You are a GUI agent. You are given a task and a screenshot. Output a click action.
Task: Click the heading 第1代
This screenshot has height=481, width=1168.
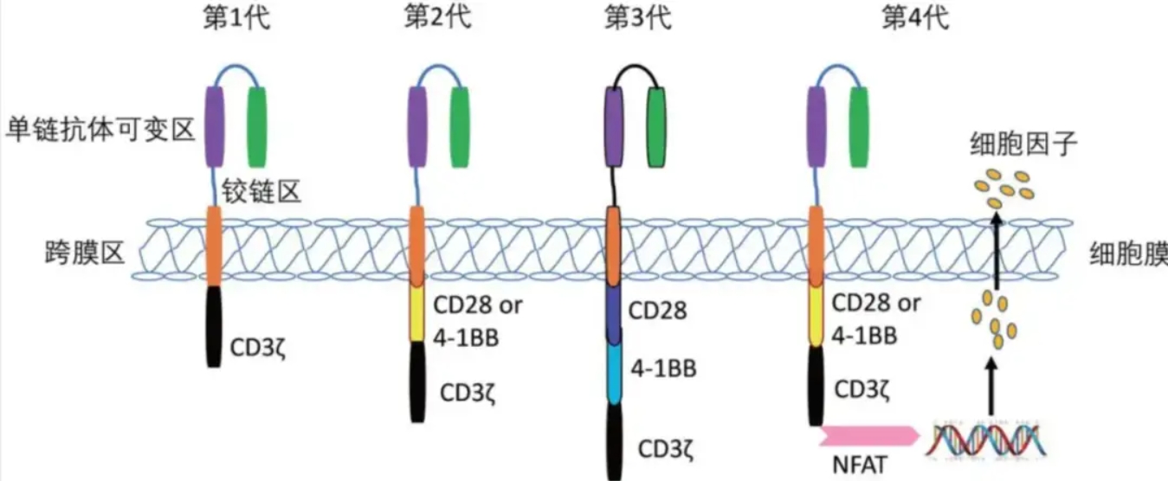(236, 18)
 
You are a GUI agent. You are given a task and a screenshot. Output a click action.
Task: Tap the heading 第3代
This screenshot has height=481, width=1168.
(638, 18)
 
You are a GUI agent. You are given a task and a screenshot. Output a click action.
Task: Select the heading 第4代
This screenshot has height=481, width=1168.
(916, 18)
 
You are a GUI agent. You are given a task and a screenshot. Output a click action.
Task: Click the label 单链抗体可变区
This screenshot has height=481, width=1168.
(100, 129)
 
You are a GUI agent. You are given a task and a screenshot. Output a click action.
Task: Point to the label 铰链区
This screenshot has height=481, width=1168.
(261, 192)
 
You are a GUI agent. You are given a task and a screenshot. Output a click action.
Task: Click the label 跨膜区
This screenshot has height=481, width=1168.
(85, 253)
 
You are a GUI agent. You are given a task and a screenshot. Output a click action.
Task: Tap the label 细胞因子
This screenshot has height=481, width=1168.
(1023, 144)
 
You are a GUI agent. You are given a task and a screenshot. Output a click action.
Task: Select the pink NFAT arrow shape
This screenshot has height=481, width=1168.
(868, 436)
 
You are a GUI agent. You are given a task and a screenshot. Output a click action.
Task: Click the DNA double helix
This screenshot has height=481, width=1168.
(985, 440)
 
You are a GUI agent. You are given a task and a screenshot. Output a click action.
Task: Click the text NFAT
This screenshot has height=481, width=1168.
(859, 465)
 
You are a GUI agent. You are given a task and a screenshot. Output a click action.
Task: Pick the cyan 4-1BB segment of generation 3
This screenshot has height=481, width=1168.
(615, 373)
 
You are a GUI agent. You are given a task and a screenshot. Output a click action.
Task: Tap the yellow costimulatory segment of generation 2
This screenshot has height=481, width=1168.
(416, 314)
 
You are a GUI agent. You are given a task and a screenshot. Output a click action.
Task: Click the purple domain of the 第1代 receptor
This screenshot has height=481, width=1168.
(215, 127)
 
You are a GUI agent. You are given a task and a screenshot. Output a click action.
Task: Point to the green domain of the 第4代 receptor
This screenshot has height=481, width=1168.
(859, 127)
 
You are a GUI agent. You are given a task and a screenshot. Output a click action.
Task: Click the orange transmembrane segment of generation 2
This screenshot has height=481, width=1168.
(416, 246)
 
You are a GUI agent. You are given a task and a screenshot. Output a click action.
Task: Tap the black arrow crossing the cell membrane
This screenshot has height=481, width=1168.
(997, 251)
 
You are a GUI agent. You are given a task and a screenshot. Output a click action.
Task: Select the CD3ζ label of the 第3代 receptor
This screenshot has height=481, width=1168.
(666, 449)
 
